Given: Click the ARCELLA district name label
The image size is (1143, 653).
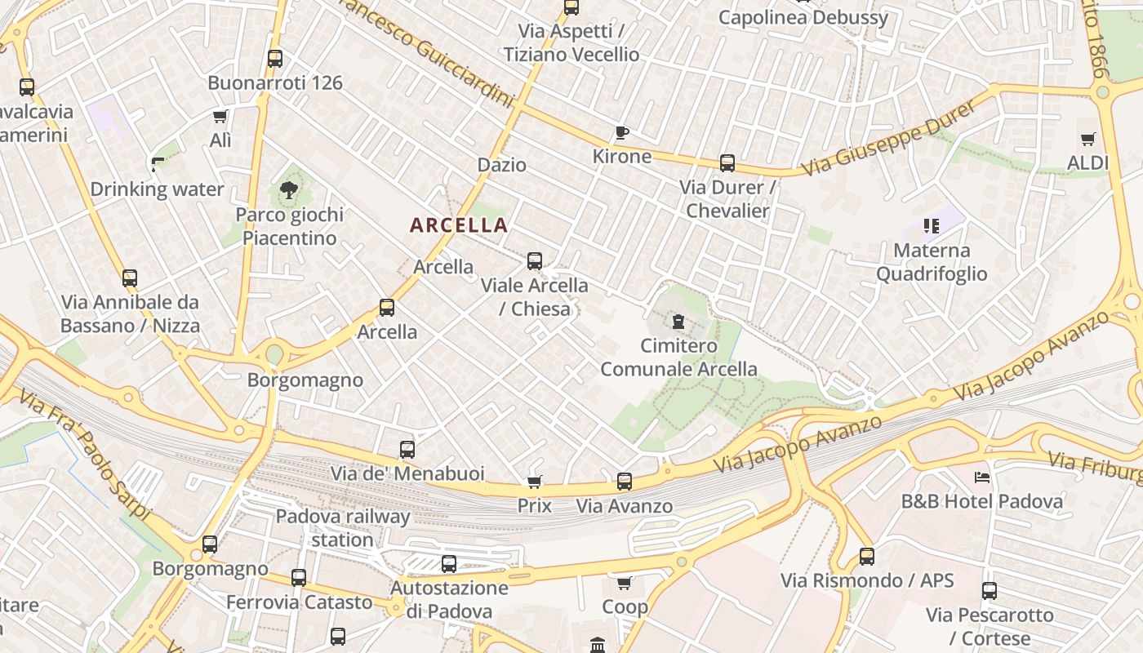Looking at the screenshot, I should pyautogui.click(x=459, y=225).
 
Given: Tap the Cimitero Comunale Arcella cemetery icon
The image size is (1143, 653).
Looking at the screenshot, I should pyautogui.click(x=678, y=322).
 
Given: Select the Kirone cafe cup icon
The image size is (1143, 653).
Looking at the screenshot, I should pyautogui.click(x=622, y=132).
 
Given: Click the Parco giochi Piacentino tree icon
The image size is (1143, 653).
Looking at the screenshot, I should pyautogui.click(x=288, y=191).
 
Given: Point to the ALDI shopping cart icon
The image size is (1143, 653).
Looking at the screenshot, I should pyautogui.click(x=1087, y=140).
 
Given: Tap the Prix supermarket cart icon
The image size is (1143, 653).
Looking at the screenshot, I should pyautogui.click(x=535, y=482).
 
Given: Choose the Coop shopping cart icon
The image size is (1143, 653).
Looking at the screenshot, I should pyautogui.click(x=625, y=583).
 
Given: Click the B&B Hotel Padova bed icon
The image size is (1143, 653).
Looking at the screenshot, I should pyautogui.click(x=982, y=477).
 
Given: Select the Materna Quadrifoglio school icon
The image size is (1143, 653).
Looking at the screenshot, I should pyautogui.click(x=932, y=225).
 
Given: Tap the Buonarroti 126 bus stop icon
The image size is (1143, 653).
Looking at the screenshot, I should pyautogui.click(x=275, y=59).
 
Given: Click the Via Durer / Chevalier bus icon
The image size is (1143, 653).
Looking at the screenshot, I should pyautogui.click(x=727, y=163).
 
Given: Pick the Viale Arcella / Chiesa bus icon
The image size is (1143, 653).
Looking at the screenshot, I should pyautogui.click(x=535, y=261).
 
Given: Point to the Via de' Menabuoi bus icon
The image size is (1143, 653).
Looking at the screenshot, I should pyautogui.click(x=407, y=449).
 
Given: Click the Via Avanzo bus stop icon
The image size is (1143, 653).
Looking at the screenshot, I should pyautogui.click(x=625, y=482).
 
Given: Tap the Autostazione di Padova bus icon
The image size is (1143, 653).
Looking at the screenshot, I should pyautogui.click(x=449, y=563).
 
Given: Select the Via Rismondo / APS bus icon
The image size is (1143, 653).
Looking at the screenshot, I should pyautogui.click(x=867, y=557).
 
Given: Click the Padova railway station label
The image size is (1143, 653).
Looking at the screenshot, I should pyautogui.click(x=343, y=528).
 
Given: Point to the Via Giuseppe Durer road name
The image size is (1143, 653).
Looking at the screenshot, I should pyautogui.click(x=888, y=138).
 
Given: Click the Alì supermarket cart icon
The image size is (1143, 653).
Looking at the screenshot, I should pyautogui.click(x=220, y=117).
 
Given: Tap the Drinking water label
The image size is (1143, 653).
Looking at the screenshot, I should pyautogui.click(x=157, y=189).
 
